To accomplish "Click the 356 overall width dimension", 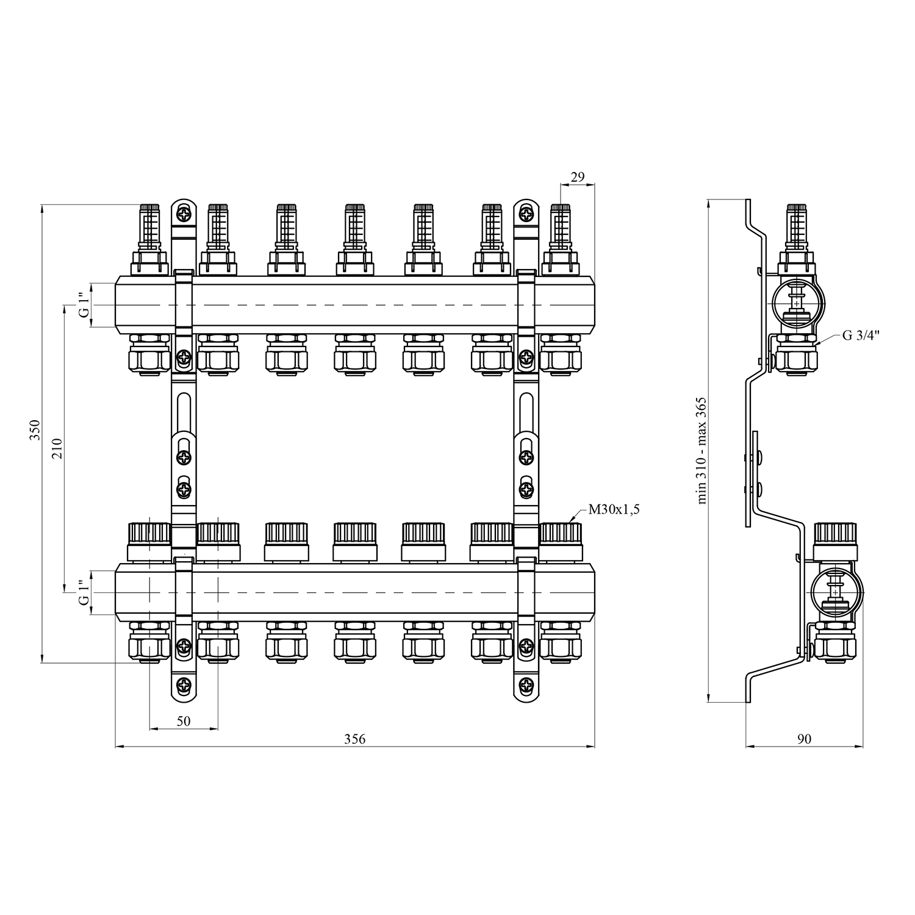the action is pos(354,739).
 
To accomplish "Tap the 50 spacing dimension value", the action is pos(184,721).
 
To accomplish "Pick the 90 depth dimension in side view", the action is pos(805,739).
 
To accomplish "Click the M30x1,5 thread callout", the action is pos(614,510).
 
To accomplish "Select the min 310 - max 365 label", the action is pos(701,450).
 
